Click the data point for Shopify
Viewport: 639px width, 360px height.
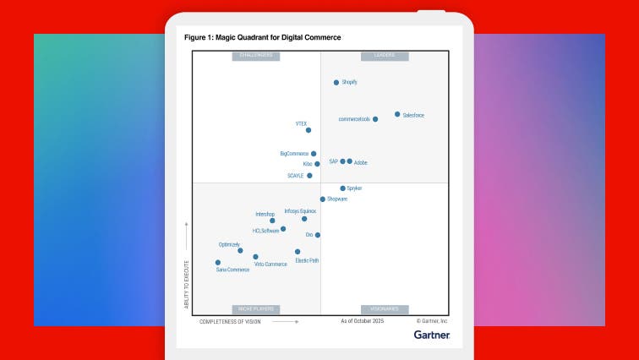336,83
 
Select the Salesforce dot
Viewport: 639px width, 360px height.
397,114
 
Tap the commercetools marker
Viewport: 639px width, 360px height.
375,119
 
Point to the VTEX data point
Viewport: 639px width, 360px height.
309,130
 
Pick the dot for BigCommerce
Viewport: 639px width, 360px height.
314,154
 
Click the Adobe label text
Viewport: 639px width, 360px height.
361,162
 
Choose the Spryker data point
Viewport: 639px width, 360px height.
342,188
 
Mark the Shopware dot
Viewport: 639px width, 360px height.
322,199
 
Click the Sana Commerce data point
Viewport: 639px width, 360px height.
218,263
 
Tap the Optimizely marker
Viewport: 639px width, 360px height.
240,251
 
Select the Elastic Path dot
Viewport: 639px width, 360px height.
298,252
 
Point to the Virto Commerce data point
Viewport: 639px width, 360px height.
255,257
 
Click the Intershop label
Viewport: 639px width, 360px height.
265,215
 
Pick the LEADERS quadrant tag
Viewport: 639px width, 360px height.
385,56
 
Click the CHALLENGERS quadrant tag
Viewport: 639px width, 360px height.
256,56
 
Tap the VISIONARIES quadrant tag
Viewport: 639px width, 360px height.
385,309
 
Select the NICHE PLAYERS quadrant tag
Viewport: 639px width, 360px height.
256,309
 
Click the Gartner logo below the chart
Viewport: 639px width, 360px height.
432,335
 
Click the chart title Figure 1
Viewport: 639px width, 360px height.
263,37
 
